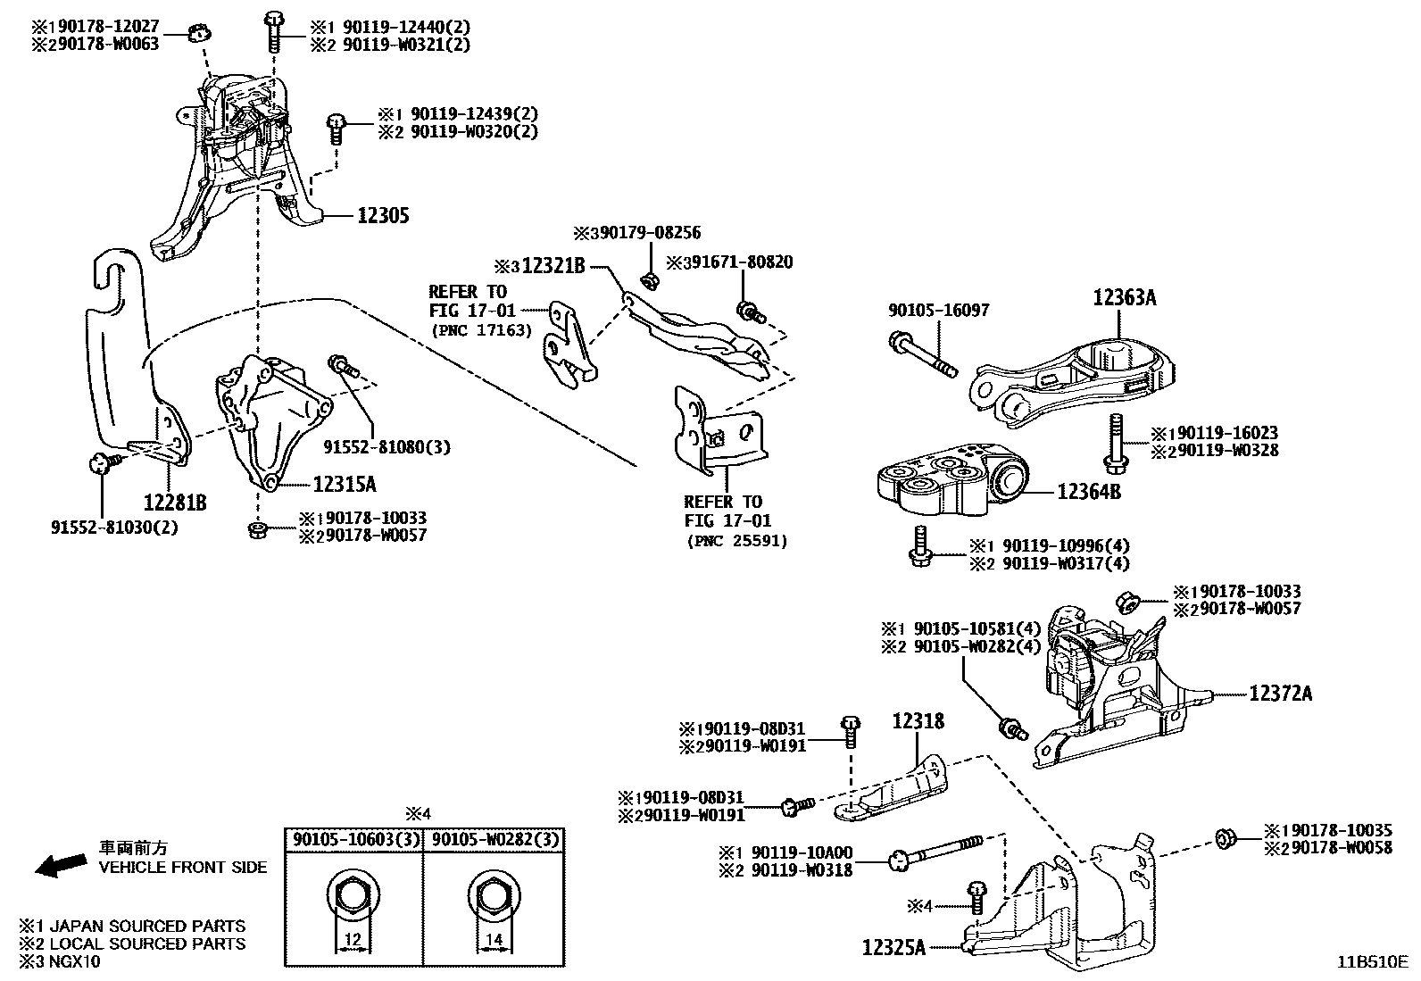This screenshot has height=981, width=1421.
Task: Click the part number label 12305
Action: (383, 216)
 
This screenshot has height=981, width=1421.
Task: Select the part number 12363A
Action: (1124, 298)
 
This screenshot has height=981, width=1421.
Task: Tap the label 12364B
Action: (1089, 492)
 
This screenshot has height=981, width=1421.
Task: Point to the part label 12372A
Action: (1280, 694)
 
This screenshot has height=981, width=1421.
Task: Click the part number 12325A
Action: (894, 946)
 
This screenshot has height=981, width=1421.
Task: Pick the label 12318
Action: (918, 721)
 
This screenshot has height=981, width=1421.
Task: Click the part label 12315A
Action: (344, 485)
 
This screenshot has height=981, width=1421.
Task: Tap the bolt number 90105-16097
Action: (938, 310)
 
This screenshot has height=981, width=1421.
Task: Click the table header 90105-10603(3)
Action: (353, 840)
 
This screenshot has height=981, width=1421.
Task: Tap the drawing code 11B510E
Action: (1371, 962)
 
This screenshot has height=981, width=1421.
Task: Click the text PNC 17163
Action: (482, 329)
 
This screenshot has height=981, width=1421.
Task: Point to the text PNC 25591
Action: (737, 541)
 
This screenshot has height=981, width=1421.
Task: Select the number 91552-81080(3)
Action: (386, 446)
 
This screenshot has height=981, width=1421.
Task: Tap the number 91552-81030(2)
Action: (114, 527)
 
